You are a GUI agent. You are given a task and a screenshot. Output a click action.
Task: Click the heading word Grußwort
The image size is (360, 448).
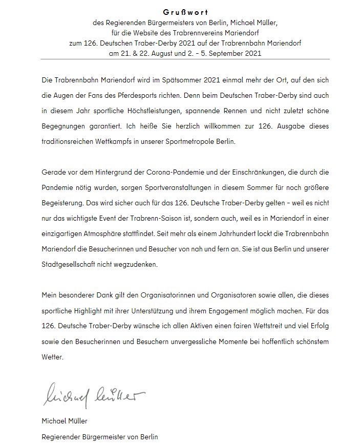click(186, 12)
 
